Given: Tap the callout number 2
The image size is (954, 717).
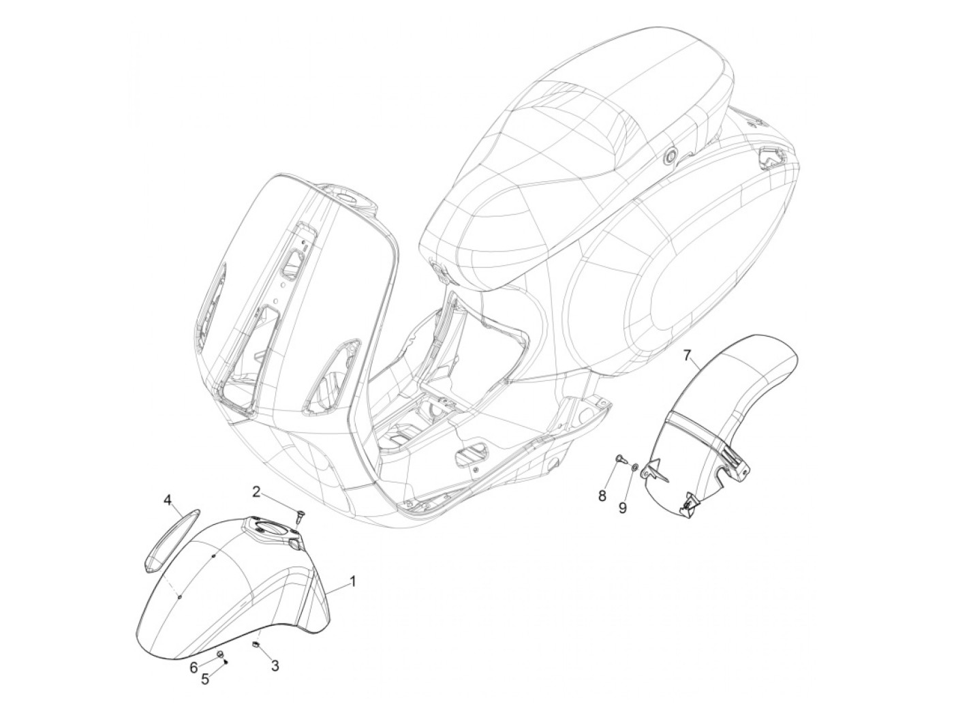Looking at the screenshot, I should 256,491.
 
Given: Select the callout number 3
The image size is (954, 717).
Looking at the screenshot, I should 275,666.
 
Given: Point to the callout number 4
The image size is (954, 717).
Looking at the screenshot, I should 167,501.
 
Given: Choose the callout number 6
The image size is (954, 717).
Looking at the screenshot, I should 194,666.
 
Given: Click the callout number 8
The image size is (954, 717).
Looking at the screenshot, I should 602,495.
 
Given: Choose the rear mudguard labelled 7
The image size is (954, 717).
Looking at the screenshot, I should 709,436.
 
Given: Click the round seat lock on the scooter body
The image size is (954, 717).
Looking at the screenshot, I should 671,157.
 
